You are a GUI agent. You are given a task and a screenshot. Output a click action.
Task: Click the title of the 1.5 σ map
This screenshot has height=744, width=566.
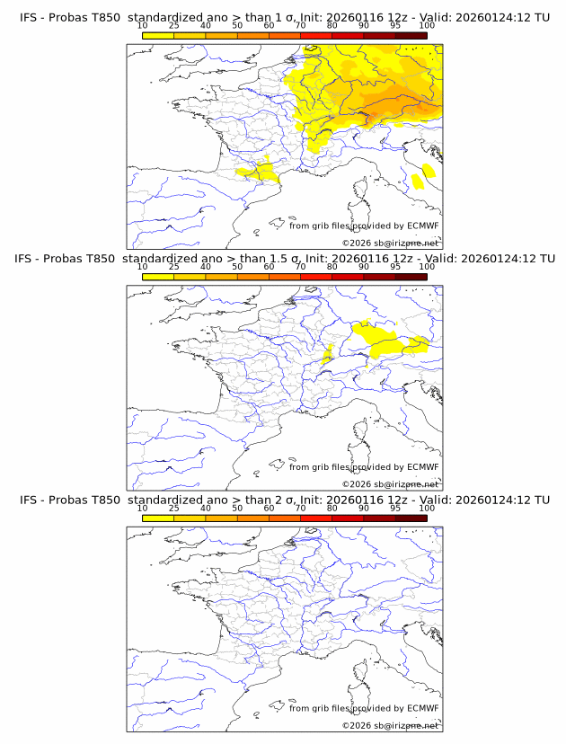pos(284,259)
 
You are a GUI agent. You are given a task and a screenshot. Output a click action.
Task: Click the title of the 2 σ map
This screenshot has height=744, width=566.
pos(284,500)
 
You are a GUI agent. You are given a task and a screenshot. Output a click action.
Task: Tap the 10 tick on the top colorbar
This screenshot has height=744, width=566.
pos(143,26)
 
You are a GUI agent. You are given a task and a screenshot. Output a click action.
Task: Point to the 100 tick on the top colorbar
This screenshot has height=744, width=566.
pos(427,26)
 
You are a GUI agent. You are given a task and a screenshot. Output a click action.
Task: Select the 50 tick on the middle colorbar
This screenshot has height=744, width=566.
pos(237,267)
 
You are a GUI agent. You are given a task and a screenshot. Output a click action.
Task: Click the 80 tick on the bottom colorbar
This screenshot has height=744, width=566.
pos(332,508)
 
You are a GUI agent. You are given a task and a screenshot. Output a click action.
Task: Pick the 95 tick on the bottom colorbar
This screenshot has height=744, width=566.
pos(395,508)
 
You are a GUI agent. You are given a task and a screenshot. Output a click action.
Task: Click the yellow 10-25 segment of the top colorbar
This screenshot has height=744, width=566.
pos(158,36)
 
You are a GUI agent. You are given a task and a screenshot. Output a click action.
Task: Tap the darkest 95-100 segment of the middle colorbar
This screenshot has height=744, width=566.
pos(411,277)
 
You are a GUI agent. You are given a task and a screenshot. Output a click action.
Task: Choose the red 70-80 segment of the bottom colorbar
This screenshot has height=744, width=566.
pos(316,518)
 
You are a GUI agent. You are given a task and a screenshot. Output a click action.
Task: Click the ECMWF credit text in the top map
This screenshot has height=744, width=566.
pos(364,226)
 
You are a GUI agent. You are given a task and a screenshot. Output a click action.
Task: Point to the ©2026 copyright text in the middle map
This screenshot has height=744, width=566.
pos(390,483)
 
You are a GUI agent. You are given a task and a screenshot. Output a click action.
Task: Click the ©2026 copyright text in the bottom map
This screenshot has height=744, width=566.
pos(390,724)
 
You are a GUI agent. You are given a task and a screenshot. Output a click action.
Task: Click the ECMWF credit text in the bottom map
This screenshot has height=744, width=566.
pos(364,707)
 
